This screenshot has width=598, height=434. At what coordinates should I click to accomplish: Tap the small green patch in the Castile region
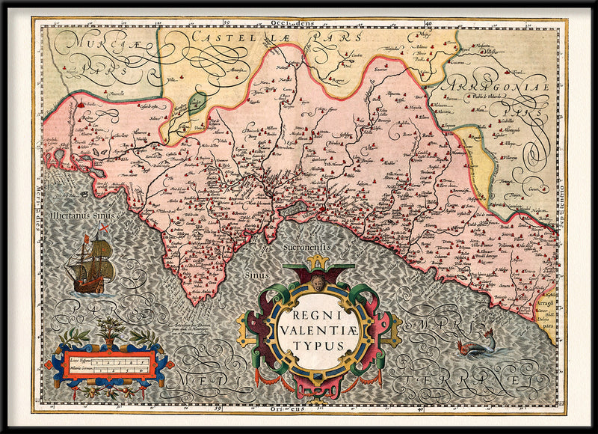(x=197, y=103)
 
